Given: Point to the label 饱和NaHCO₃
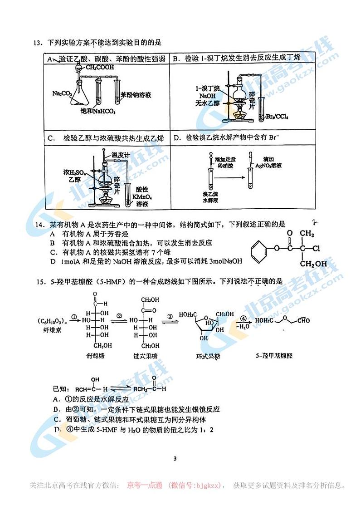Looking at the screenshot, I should (98, 112).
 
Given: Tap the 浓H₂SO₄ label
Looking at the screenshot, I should (74, 172).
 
